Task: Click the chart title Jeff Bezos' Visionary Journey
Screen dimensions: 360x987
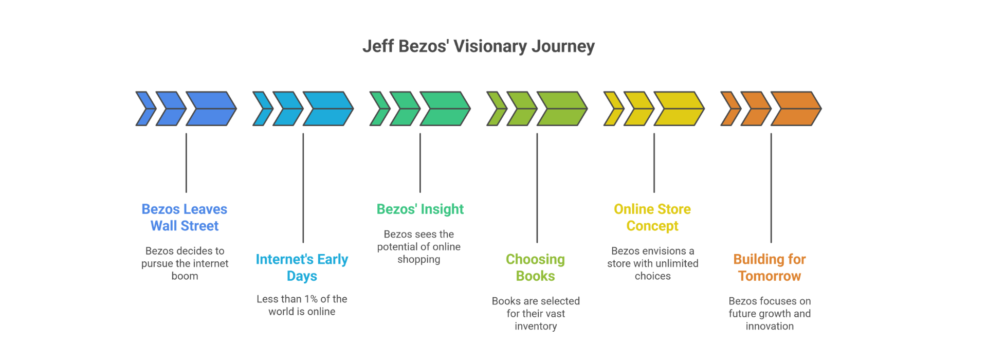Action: (478, 46)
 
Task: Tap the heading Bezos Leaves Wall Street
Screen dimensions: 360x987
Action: (184, 218)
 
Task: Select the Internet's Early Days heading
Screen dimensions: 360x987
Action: (302, 267)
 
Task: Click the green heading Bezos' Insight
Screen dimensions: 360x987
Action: (420, 209)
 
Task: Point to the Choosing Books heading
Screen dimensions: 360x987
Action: (535, 267)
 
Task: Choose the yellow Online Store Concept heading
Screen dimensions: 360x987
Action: (652, 218)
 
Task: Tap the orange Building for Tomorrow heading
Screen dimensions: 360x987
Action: (770, 267)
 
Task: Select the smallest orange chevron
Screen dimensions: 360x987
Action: (730, 109)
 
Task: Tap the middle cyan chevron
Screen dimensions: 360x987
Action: (288, 109)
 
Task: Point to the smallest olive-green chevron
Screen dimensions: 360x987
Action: (497, 109)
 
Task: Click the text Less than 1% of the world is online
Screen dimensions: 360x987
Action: (302, 305)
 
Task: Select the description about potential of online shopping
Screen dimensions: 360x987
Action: (419, 247)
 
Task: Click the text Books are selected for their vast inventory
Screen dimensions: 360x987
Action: (536, 313)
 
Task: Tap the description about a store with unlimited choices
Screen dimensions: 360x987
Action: (652, 263)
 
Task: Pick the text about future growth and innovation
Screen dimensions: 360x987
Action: (770, 313)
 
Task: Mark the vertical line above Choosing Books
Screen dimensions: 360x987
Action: (537, 188)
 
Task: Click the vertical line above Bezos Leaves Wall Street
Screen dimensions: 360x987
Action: (186, 163)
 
